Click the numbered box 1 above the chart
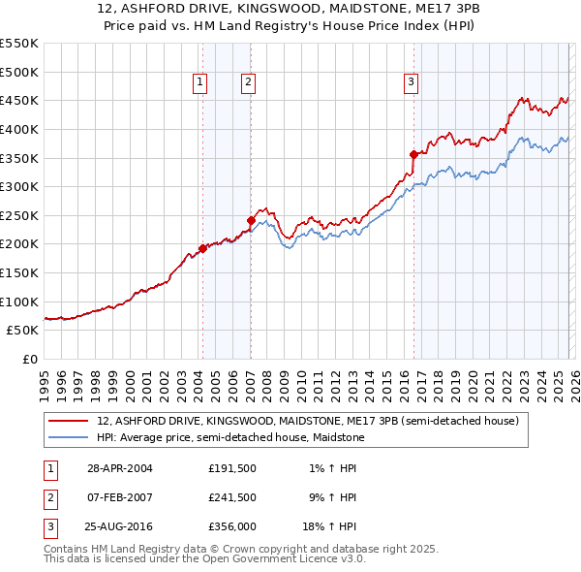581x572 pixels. tap(199, 83)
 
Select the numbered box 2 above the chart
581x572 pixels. tap(248, 83)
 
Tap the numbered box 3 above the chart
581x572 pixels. tap(411, 83)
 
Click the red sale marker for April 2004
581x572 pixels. tap(202, 248)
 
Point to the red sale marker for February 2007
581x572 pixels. tap(251, 220)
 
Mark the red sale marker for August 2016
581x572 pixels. tap(413, 154)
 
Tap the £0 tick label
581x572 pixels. tap(29, 359)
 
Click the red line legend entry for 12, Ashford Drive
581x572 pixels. tap(308, 421)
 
